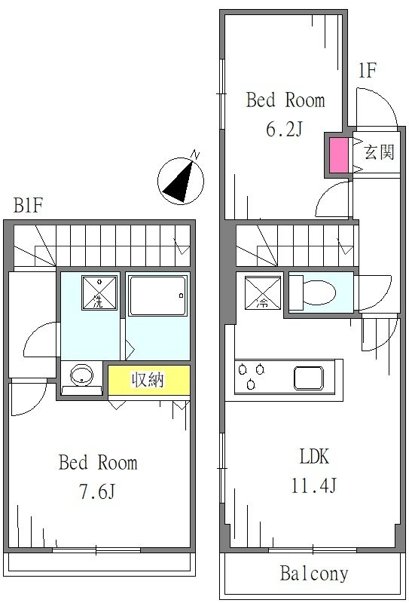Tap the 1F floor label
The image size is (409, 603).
[x=366, y=72]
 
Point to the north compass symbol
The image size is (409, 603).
[x=182, y=179]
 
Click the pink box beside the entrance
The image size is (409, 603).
[x=338, y=155]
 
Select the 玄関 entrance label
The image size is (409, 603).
[x=379, y=153]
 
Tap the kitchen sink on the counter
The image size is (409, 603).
[x=310, y=377]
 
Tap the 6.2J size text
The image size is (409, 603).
[x=284, y=130]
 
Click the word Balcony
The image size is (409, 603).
[x=314, y=574]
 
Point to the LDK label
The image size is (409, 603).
[x=315, y=457]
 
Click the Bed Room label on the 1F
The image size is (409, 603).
[x=285, y=100]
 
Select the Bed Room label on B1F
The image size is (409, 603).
[x=98, y=462]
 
